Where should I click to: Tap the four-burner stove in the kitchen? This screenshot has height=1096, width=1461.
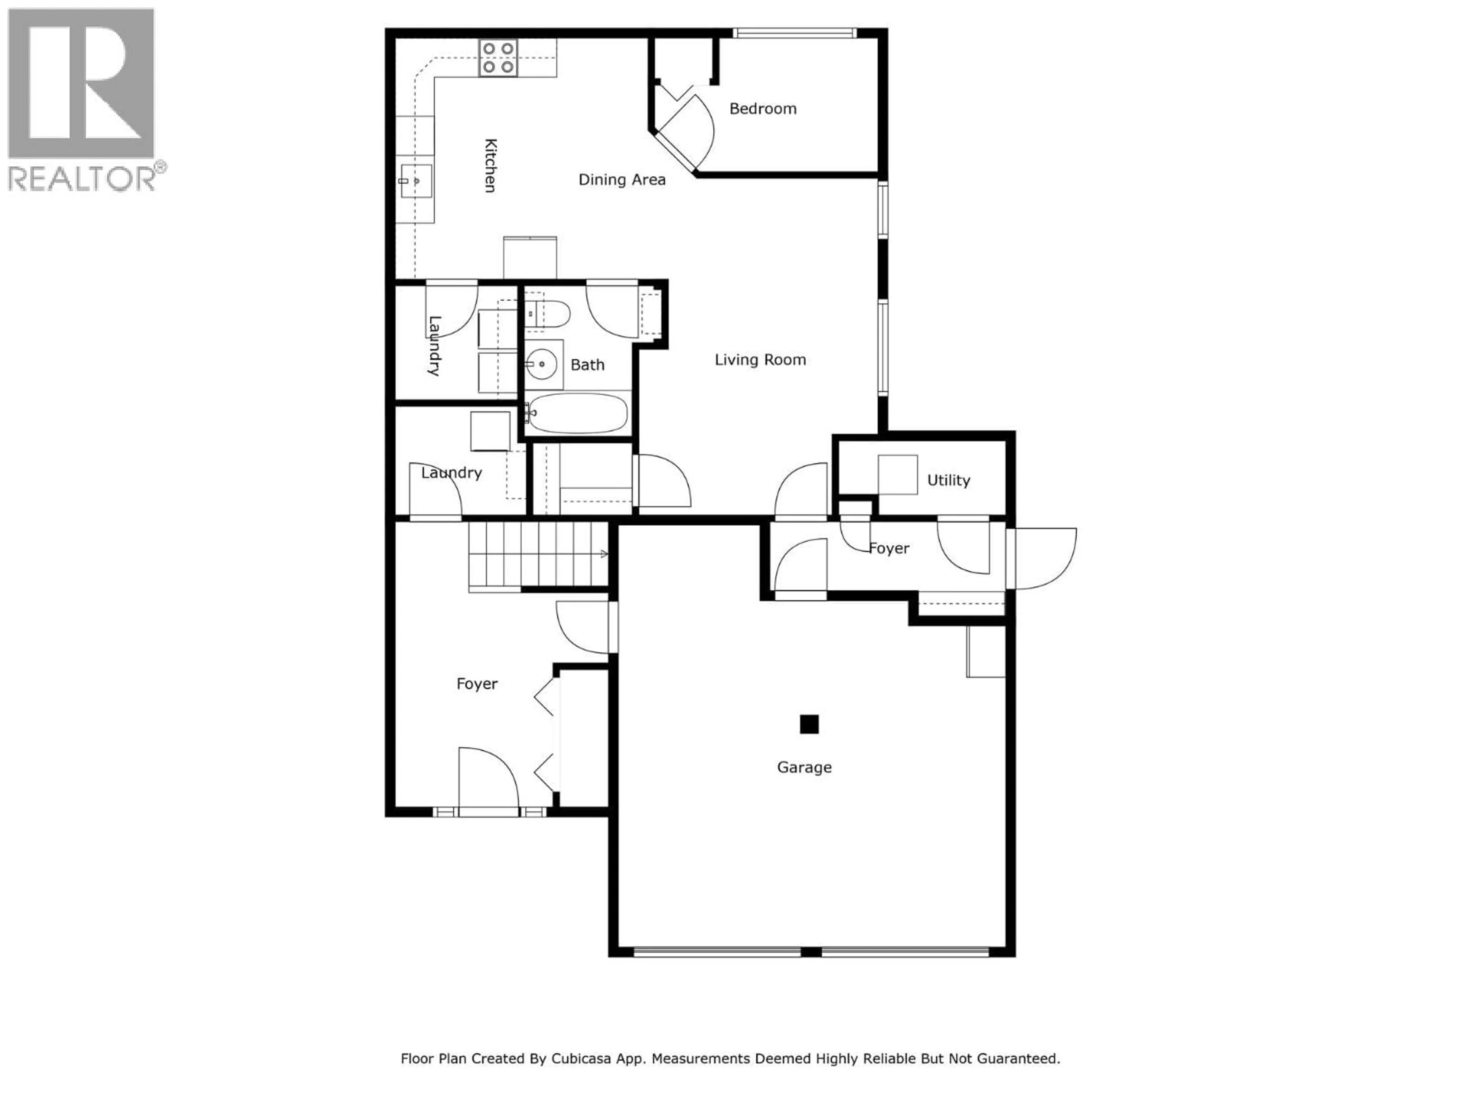coord(498,58)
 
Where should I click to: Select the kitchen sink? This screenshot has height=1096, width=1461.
coord(415,181)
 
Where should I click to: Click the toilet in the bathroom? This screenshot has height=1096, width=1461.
coord(548,314)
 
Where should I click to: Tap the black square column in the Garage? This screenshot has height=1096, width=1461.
coord(809,724)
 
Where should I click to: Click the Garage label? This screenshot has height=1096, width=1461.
coord(804,767)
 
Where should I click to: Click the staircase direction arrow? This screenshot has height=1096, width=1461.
coord(603,554)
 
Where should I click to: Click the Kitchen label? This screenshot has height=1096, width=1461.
coord(490,165)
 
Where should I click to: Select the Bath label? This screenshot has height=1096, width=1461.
coord(587,365)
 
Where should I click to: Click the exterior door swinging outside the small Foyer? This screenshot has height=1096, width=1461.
coord(1044,558)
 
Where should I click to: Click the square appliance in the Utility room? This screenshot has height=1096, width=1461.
coord(897,474)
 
